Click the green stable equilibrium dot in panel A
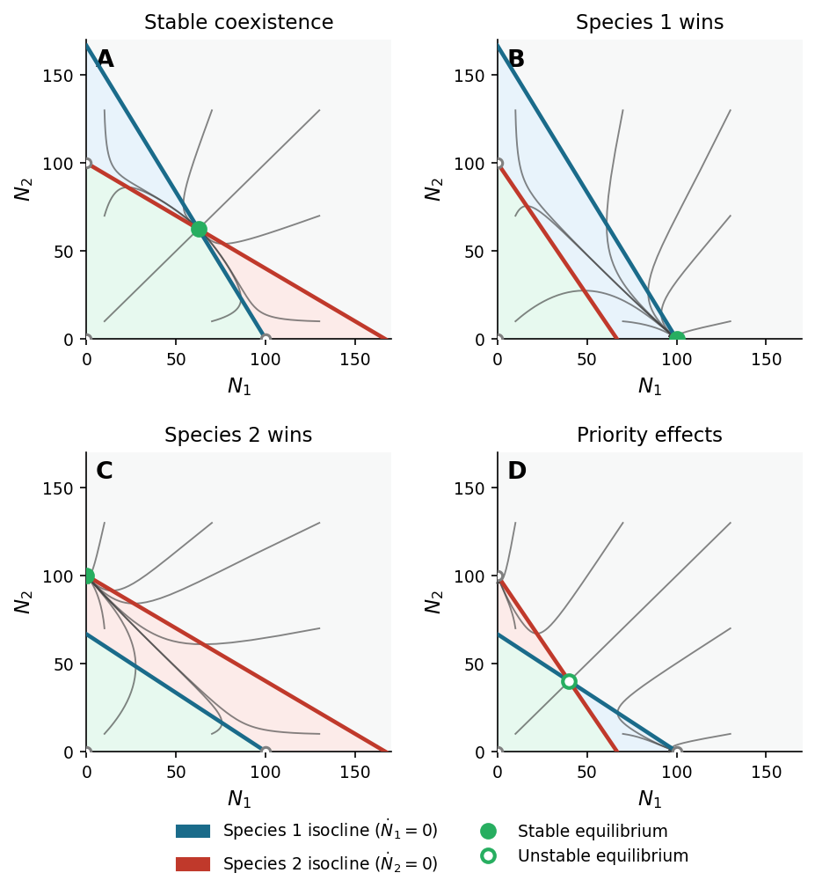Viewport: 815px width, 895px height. [199, 229]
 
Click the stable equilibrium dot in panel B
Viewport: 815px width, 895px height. [677, 339]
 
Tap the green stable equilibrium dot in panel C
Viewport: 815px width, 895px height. [87, 576]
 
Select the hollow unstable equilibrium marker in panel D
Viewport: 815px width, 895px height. [569, 681]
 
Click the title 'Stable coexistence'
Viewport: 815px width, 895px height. [238, 23]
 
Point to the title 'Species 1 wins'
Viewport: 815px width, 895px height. [650, 23]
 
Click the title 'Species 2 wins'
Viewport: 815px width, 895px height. [238, 436]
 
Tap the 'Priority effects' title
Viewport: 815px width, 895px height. [650, 436]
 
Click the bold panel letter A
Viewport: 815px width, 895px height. [105, 60]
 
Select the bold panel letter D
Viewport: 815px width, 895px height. [517, 472]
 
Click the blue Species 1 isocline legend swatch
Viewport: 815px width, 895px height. [193, 831]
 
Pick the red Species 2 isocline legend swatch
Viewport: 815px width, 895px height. [193, 864]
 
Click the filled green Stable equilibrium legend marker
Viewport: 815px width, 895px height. [488, 831]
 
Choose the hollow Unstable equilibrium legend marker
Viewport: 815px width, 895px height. [488, 855]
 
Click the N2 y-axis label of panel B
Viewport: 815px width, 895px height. [433, 188]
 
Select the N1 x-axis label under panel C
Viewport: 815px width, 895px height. [238, 799]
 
